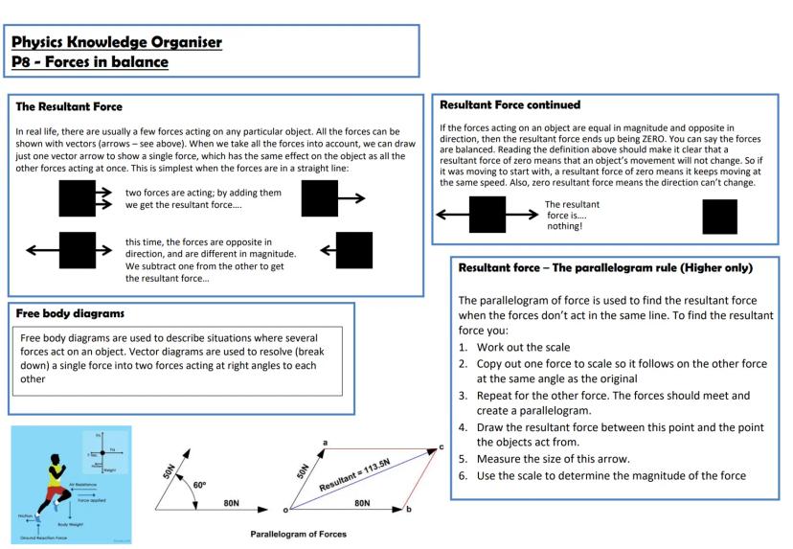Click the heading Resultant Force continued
click(510, 103)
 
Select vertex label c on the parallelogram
click(442, 446)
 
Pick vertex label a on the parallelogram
click(326, 442)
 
